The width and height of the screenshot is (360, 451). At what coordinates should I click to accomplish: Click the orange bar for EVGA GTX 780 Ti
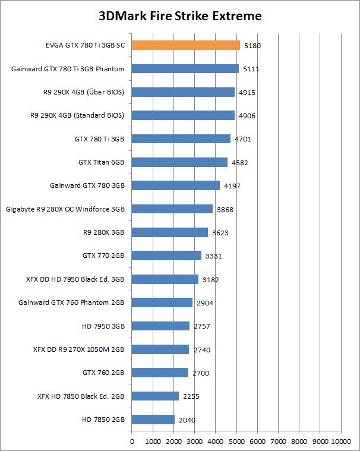[x=185, y=45]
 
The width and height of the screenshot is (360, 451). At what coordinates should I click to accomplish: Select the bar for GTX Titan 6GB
[x=179, y=162]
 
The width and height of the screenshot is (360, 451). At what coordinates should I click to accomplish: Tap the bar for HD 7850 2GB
[x=153, y=420]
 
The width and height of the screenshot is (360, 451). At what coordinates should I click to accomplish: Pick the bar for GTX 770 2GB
[x=166, y=256]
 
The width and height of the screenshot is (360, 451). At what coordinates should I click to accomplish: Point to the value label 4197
[x=232, y=186]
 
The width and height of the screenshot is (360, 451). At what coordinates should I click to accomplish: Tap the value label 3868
[x=225, y=209]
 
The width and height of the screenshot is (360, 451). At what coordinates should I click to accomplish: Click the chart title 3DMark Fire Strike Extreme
[x=180, y=16]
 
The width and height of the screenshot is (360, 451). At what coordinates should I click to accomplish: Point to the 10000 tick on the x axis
[x=341, y=441]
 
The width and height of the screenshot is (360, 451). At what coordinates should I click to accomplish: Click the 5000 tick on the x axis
[x=236, y=441]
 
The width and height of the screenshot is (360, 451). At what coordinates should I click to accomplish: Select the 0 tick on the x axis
[x=131, y=441]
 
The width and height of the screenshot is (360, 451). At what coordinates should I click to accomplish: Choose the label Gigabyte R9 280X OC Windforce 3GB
[x=65, y=209]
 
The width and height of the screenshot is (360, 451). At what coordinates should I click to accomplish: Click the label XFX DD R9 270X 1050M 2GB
[x=79, y=349]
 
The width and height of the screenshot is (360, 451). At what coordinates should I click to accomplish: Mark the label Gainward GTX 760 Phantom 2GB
[x=72, y=302]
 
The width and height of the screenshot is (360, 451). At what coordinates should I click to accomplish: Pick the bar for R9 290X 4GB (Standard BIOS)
[x=183, y=115]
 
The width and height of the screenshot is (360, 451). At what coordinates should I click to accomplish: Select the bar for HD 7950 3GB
[x=160, y=326]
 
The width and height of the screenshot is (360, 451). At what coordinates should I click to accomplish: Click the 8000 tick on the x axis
[x=299, y=441]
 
